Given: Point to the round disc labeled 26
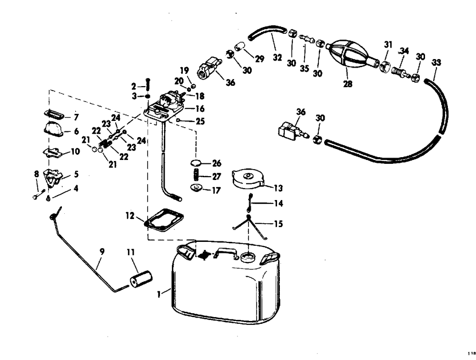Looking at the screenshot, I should [x=196, y=163].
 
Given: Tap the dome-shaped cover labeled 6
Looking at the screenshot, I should [x=52, y=129].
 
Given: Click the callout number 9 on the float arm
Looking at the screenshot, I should [x=102, y=251].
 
